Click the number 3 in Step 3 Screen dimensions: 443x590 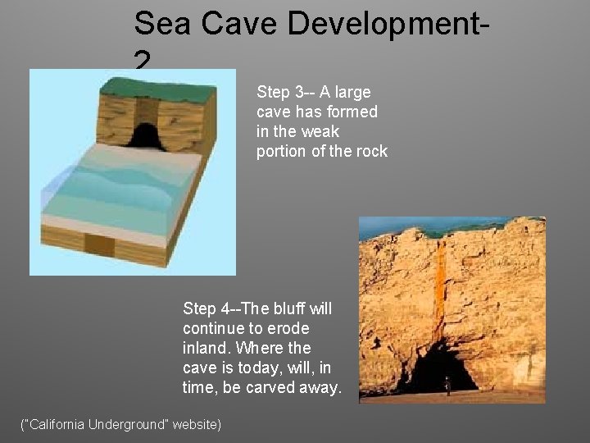[298, 92]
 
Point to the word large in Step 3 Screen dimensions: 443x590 [351, 92]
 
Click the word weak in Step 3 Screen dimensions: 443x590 [320, 131]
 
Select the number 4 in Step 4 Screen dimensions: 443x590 [225, 308]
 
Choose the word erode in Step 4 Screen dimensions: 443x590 [291, 328]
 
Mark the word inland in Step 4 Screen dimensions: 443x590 [206, 348]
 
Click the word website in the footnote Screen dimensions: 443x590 [193, 424]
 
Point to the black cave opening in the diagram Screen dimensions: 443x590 [144, 135]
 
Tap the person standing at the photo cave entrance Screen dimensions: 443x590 [447, 383]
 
